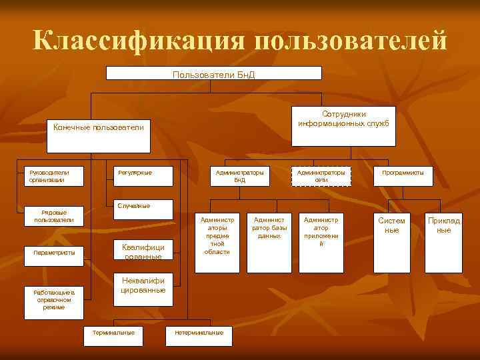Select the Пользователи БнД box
(213, 73)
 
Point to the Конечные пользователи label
(98, 127)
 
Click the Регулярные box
(143, 176)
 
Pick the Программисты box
(403, 176)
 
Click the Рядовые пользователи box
(54, 216)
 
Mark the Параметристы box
(54, 253)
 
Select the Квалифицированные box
(143, 251)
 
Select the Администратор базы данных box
(269, 242)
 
